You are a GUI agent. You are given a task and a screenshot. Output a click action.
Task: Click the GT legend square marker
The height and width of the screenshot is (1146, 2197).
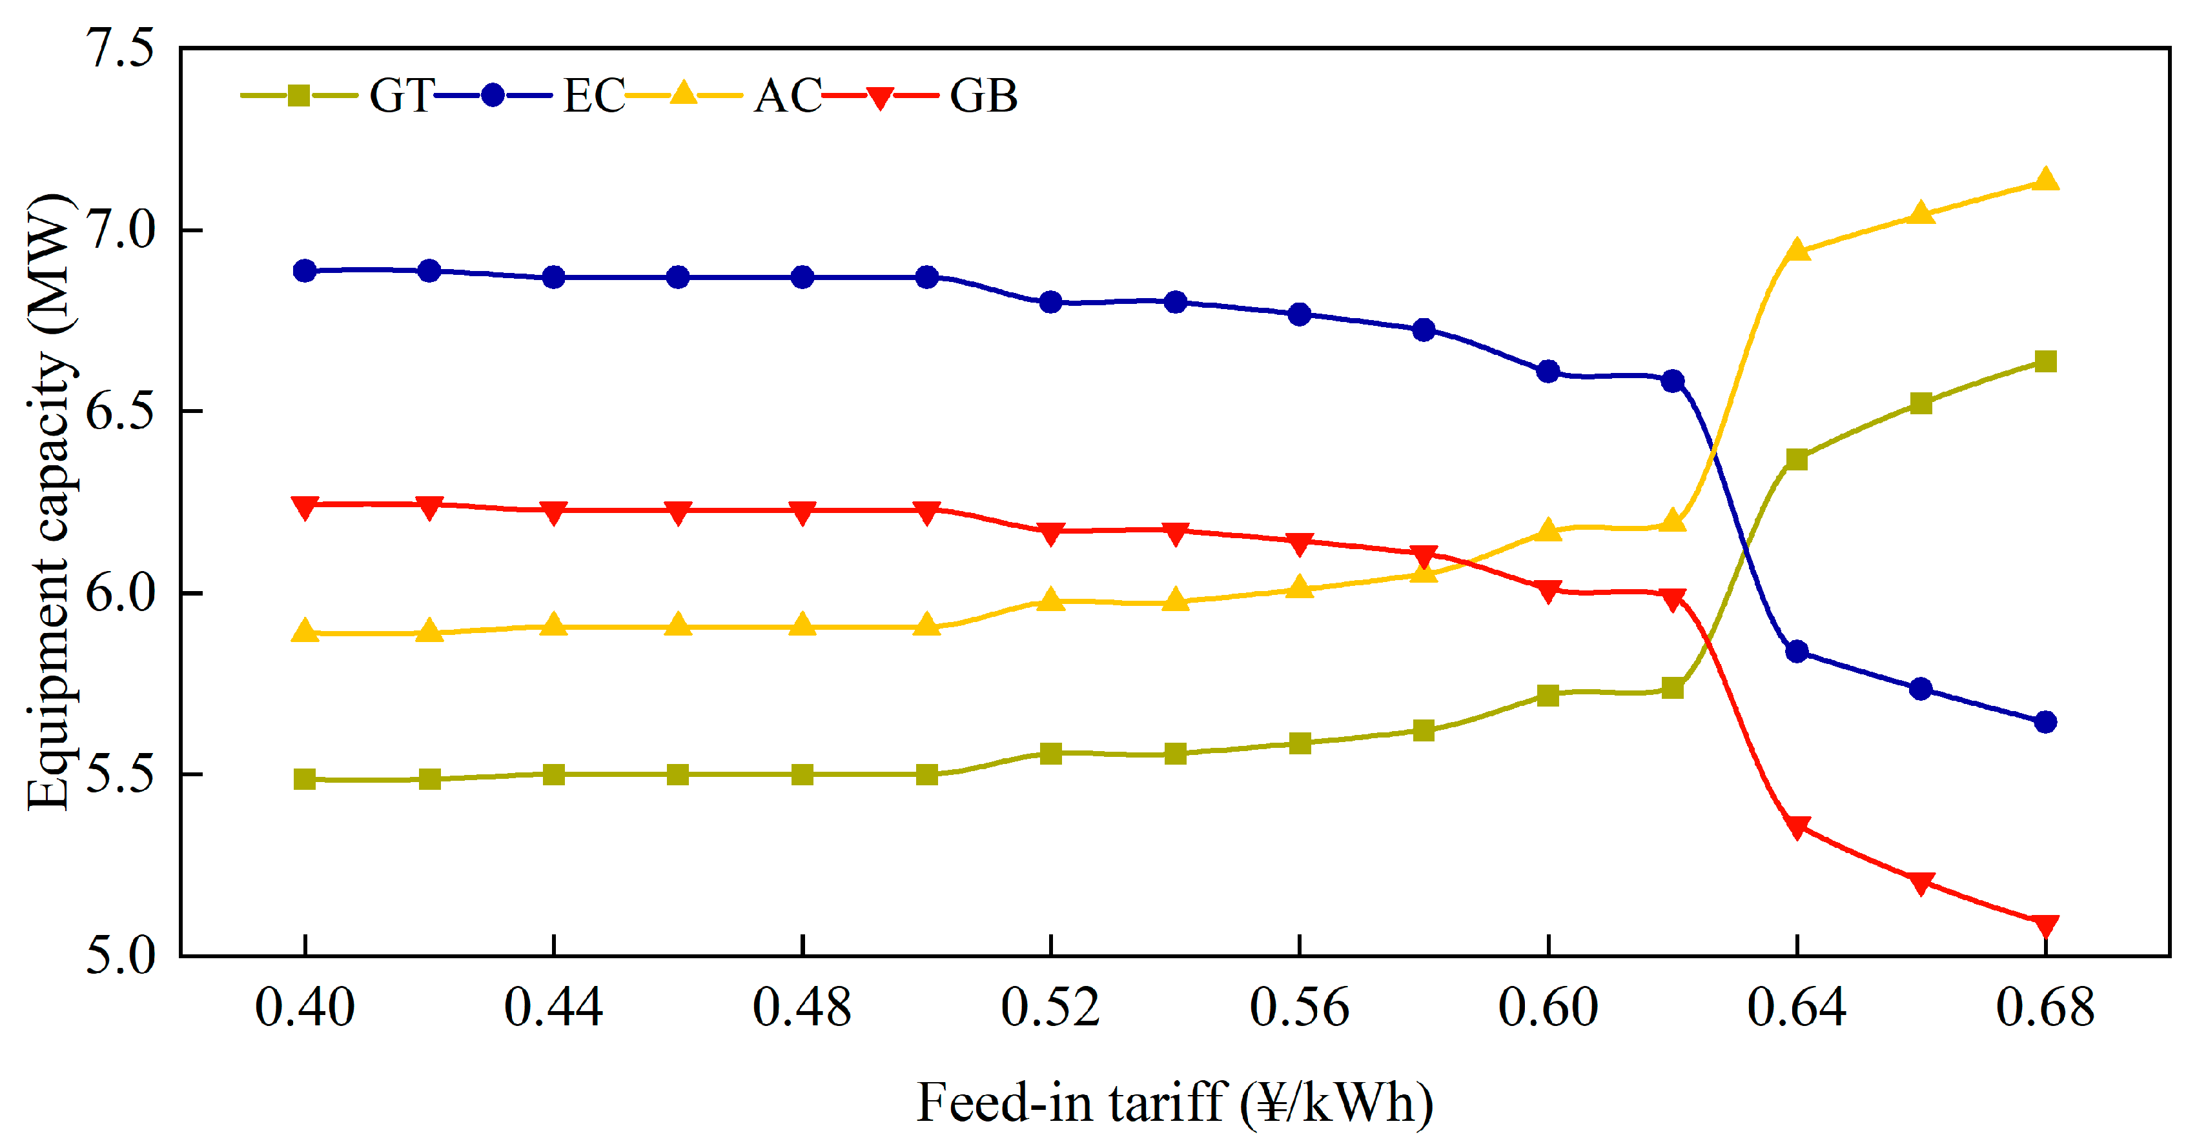(298, 95)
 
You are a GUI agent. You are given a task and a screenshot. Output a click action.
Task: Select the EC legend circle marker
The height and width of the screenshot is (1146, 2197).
(492, 95)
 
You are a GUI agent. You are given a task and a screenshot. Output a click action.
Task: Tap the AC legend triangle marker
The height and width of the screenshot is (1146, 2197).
(683, 93)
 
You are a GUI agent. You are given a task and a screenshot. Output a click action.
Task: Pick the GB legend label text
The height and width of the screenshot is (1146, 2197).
(983, 95)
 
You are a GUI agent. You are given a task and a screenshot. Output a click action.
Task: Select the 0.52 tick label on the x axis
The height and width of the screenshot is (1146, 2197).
(1051, 1008)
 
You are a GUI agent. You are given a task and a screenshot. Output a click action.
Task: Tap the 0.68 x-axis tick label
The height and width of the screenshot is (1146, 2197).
(2045, 1008)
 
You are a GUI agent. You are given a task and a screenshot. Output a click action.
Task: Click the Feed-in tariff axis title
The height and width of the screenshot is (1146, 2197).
(1174, 1103)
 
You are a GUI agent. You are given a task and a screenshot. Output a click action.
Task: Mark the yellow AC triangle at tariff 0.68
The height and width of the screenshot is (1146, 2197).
(2045, 180)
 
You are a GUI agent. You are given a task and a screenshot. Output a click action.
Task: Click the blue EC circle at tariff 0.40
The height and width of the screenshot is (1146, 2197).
(305, 271)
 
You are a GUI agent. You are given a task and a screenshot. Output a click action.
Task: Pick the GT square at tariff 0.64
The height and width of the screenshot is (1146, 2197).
(1797, 459)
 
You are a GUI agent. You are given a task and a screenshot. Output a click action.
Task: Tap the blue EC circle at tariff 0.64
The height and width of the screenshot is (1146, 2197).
(1797, 652)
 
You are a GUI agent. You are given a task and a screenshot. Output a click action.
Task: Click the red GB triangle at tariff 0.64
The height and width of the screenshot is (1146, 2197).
(1797, 827)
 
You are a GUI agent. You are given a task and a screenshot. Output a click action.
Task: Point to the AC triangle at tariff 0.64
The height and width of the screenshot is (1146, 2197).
(1797, 250)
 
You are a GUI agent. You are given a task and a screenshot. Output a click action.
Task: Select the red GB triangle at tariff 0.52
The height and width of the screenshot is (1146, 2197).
(1051, 533)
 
